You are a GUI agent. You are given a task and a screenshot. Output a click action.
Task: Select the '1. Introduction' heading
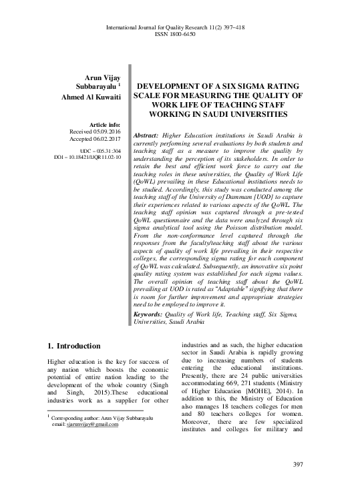(x=74, y=346)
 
